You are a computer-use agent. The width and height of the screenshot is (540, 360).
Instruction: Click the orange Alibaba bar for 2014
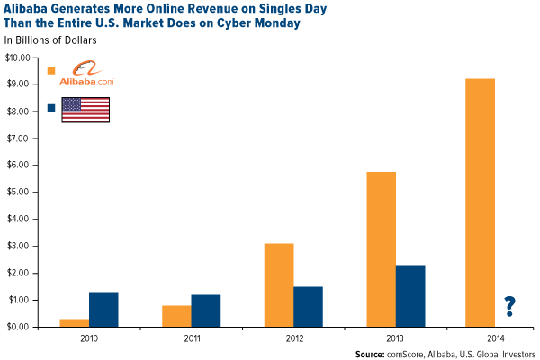480,202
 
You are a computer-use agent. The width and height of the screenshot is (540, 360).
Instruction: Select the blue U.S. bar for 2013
409,295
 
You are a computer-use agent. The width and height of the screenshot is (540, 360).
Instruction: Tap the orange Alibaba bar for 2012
278,284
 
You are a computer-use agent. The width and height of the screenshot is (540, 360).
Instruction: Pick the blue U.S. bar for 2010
103,309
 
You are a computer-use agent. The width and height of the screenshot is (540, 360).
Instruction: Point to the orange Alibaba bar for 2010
74,322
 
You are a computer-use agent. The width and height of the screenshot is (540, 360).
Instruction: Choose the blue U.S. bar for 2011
205,310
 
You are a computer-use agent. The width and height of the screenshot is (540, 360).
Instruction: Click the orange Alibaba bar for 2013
381,248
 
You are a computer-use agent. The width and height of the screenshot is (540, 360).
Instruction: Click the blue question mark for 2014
509,307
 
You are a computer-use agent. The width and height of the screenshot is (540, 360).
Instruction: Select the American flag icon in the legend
85,109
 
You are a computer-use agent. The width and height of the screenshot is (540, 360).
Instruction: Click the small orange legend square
51,70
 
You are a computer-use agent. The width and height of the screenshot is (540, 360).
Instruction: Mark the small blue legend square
51,108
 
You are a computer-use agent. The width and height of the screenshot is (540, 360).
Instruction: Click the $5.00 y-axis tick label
19,192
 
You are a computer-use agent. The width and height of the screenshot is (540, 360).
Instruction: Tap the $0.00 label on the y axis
19,327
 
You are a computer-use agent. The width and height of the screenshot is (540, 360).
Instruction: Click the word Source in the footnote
373,353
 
